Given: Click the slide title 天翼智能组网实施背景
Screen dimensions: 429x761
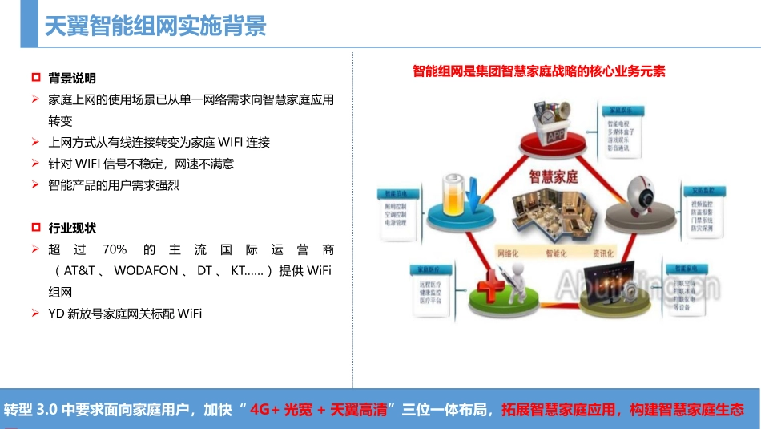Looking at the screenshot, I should (x=155, y=27).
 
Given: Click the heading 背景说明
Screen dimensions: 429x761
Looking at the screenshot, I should (x=72, y=78).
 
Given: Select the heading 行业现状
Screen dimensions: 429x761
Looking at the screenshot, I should (x=72, y=228).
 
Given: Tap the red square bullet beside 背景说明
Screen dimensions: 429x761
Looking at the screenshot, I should (x=35, y=78).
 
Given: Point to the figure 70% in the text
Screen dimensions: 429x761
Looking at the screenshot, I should (x=115, y=249).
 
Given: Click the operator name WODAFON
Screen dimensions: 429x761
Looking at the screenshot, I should (x=146, y=271).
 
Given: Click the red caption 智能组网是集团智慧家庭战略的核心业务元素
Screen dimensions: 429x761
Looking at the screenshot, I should (x=539, y=71).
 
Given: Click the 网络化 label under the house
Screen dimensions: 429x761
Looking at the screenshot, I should (x=509, y=253).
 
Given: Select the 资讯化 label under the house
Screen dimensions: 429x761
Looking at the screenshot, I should (x=603, y=253).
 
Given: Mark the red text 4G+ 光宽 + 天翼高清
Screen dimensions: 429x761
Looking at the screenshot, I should (x=319, y=410).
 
